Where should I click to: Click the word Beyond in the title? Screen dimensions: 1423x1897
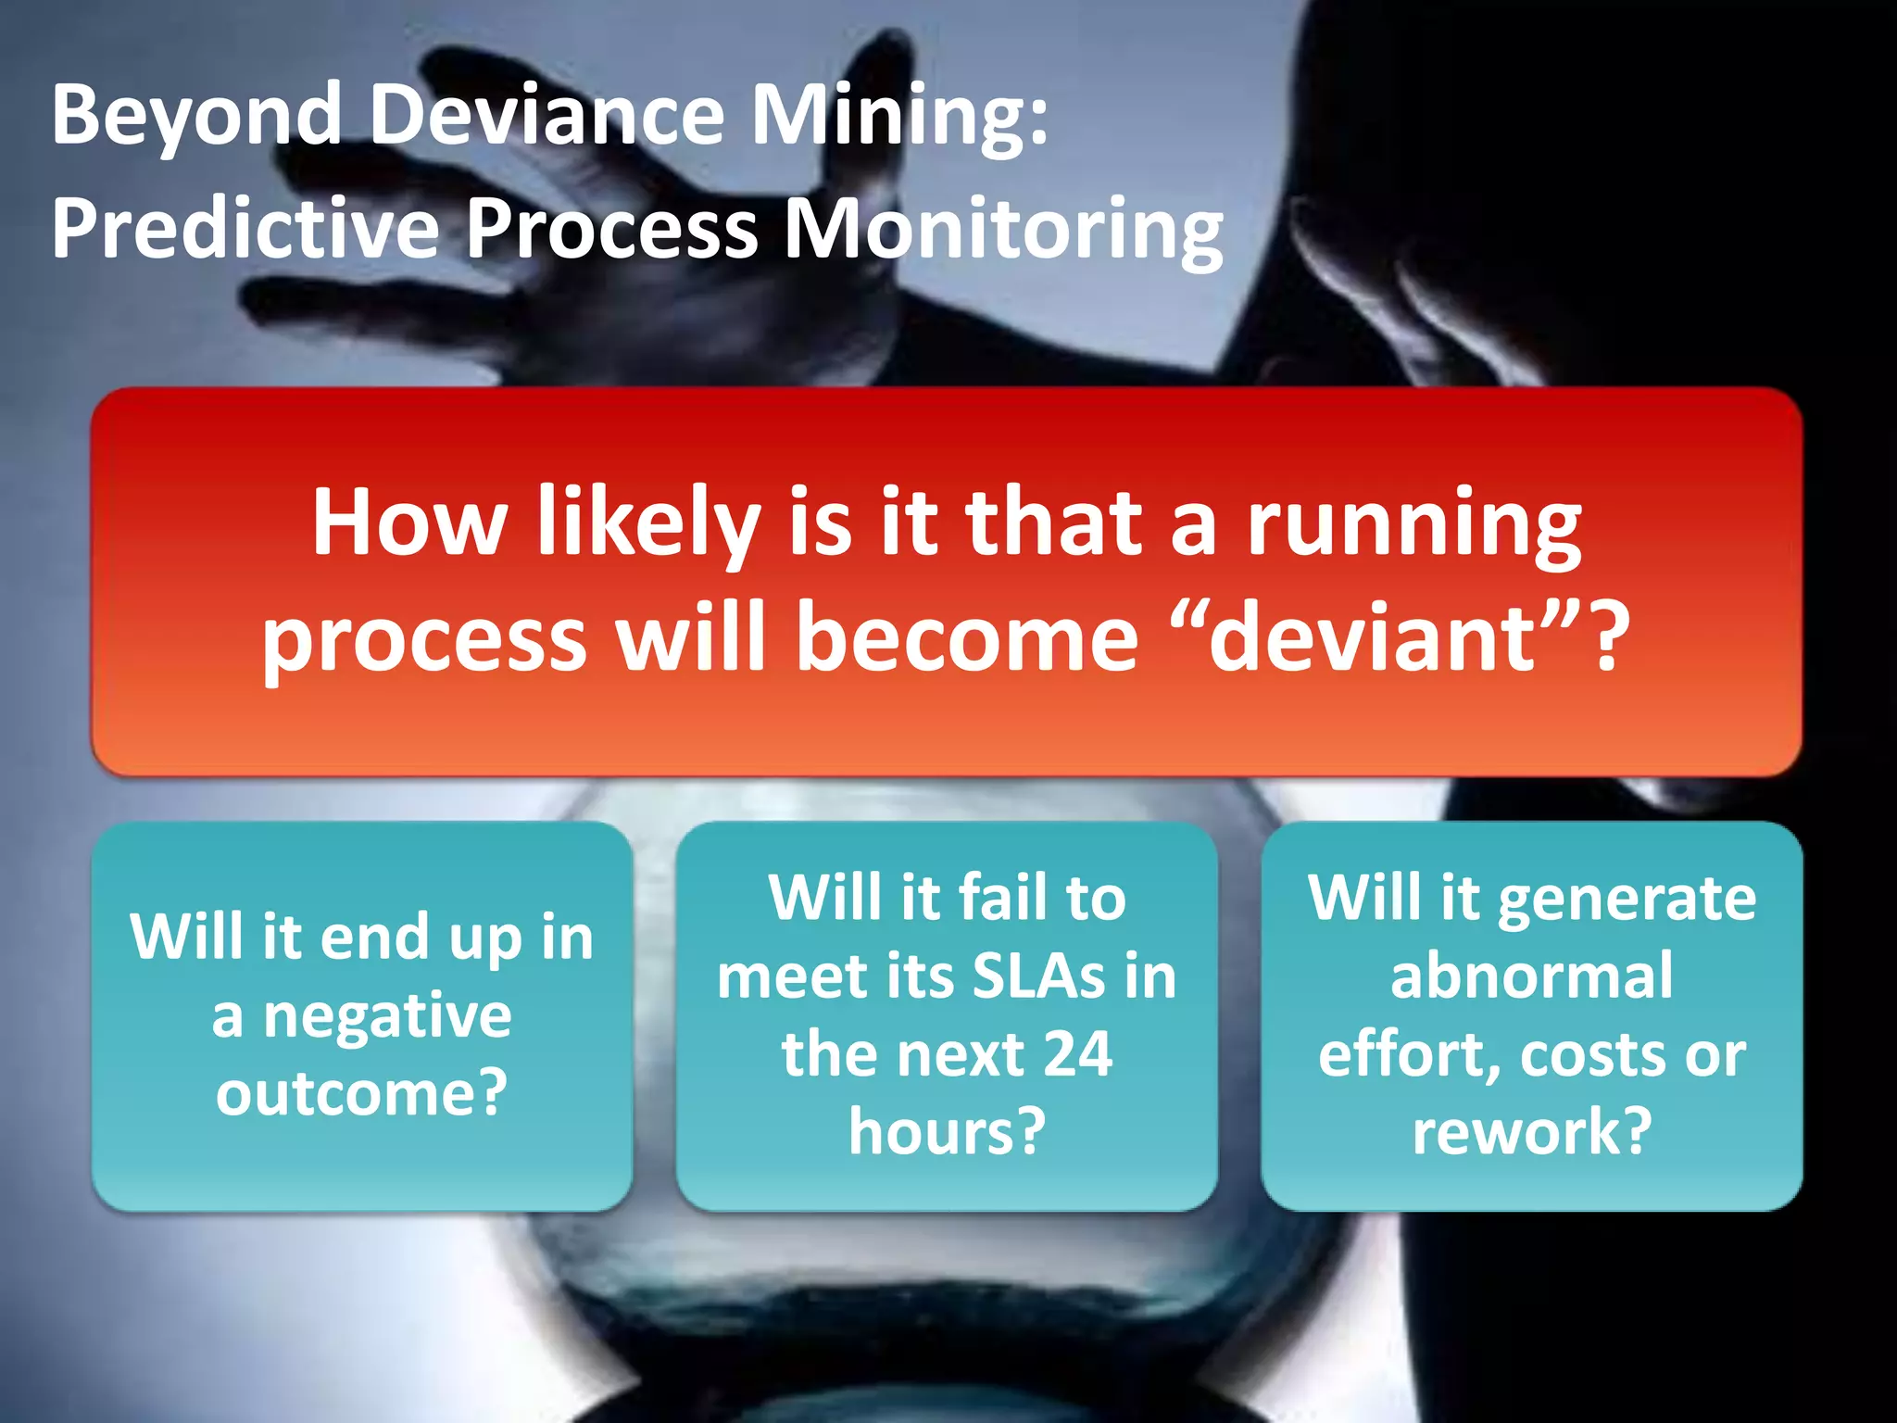pos(196,116)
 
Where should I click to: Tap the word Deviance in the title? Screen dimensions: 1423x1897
pos(546,116)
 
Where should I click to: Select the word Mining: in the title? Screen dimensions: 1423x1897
pos(898,116)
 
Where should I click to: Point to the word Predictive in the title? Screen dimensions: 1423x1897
pos(245,229)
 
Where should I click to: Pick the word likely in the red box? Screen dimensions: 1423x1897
pos(648,524)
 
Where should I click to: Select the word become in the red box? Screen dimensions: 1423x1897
pos(967,637)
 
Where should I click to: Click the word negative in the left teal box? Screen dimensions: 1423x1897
pos(387,1017)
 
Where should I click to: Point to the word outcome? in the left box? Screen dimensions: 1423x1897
pos(361,1093)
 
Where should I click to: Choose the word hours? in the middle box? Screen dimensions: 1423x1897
pos(947,1132)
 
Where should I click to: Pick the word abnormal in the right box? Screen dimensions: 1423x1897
pos(1531,977)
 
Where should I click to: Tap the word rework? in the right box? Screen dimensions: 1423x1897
pos(1531,1132)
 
